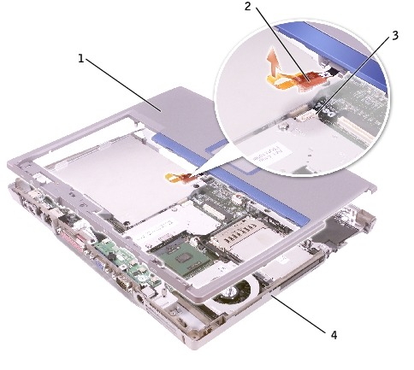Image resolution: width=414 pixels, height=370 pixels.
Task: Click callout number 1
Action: click(x=81, y=59)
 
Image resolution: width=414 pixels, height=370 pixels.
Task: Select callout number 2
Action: click(x=248, y=6)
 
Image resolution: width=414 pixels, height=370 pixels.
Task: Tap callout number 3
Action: click(x=395, y=36)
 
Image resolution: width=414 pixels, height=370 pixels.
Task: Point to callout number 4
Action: click(x=334, y=335)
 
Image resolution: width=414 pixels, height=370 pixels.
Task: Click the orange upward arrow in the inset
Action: click(x=273, y=62)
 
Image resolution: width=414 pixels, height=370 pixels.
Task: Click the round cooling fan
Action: click(x=233, y=292)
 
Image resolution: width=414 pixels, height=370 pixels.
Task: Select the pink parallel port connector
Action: click(x=73, y=239)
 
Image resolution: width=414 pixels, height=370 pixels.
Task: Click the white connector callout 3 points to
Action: click(x=306, y=115)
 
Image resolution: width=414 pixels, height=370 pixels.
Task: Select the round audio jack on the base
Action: click(x=139, y=300)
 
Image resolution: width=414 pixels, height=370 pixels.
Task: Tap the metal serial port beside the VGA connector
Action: click(x=125, y=284)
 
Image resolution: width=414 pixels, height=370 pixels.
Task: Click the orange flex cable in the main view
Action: click(x=180, y=178)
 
